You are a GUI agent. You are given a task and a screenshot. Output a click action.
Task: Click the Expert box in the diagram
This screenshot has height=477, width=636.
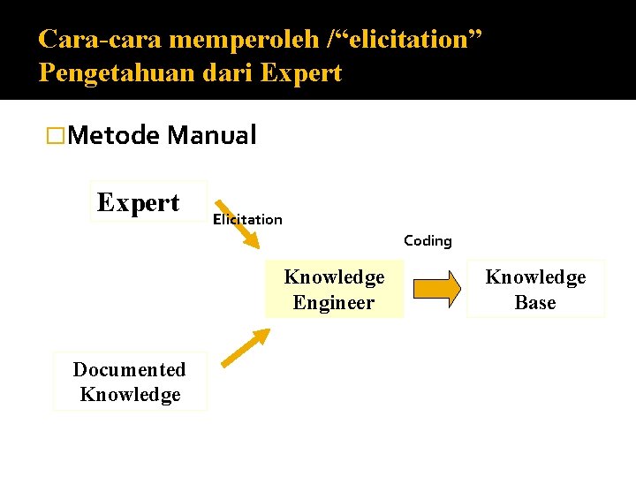[x=148, y=202]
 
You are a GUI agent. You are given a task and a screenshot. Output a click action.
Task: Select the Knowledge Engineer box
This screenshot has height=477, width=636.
[x=334, y=290]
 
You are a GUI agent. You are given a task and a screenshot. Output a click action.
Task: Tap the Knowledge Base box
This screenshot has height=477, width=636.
[x=535, y=289]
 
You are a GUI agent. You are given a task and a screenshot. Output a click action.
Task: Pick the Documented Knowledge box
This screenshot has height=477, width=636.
[x=130, y=382]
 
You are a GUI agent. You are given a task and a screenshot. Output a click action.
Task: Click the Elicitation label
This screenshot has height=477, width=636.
[x=247, y=220]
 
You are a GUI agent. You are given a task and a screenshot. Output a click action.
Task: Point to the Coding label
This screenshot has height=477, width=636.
[x=428, y=240]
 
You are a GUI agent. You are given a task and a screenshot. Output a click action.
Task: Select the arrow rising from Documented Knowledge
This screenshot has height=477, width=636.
[x=246, y=347]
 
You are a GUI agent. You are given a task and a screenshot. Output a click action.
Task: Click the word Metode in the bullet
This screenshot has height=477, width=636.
[x=112, y=135]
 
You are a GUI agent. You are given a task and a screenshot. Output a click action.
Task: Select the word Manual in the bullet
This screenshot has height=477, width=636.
[x=212, y=135]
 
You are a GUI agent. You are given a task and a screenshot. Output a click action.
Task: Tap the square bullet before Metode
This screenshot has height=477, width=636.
[x=56, y=136]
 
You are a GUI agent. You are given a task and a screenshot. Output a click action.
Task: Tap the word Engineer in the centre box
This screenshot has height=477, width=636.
[x=334, y=303]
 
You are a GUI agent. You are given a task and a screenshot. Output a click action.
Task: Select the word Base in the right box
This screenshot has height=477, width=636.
[x=535, y=303]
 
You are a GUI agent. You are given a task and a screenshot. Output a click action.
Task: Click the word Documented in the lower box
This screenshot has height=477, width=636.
[x=130, y=369]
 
